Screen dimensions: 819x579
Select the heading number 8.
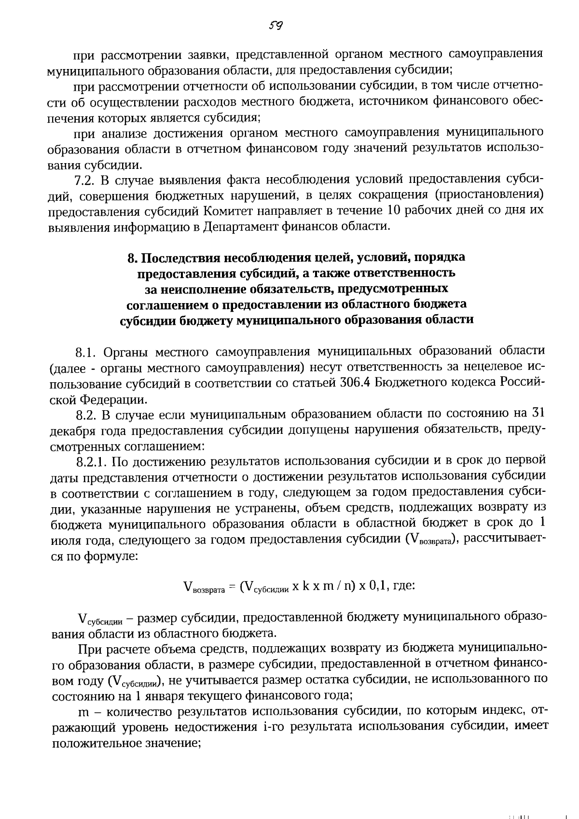[132, 258]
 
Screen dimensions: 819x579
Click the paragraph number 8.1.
[87, 351]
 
